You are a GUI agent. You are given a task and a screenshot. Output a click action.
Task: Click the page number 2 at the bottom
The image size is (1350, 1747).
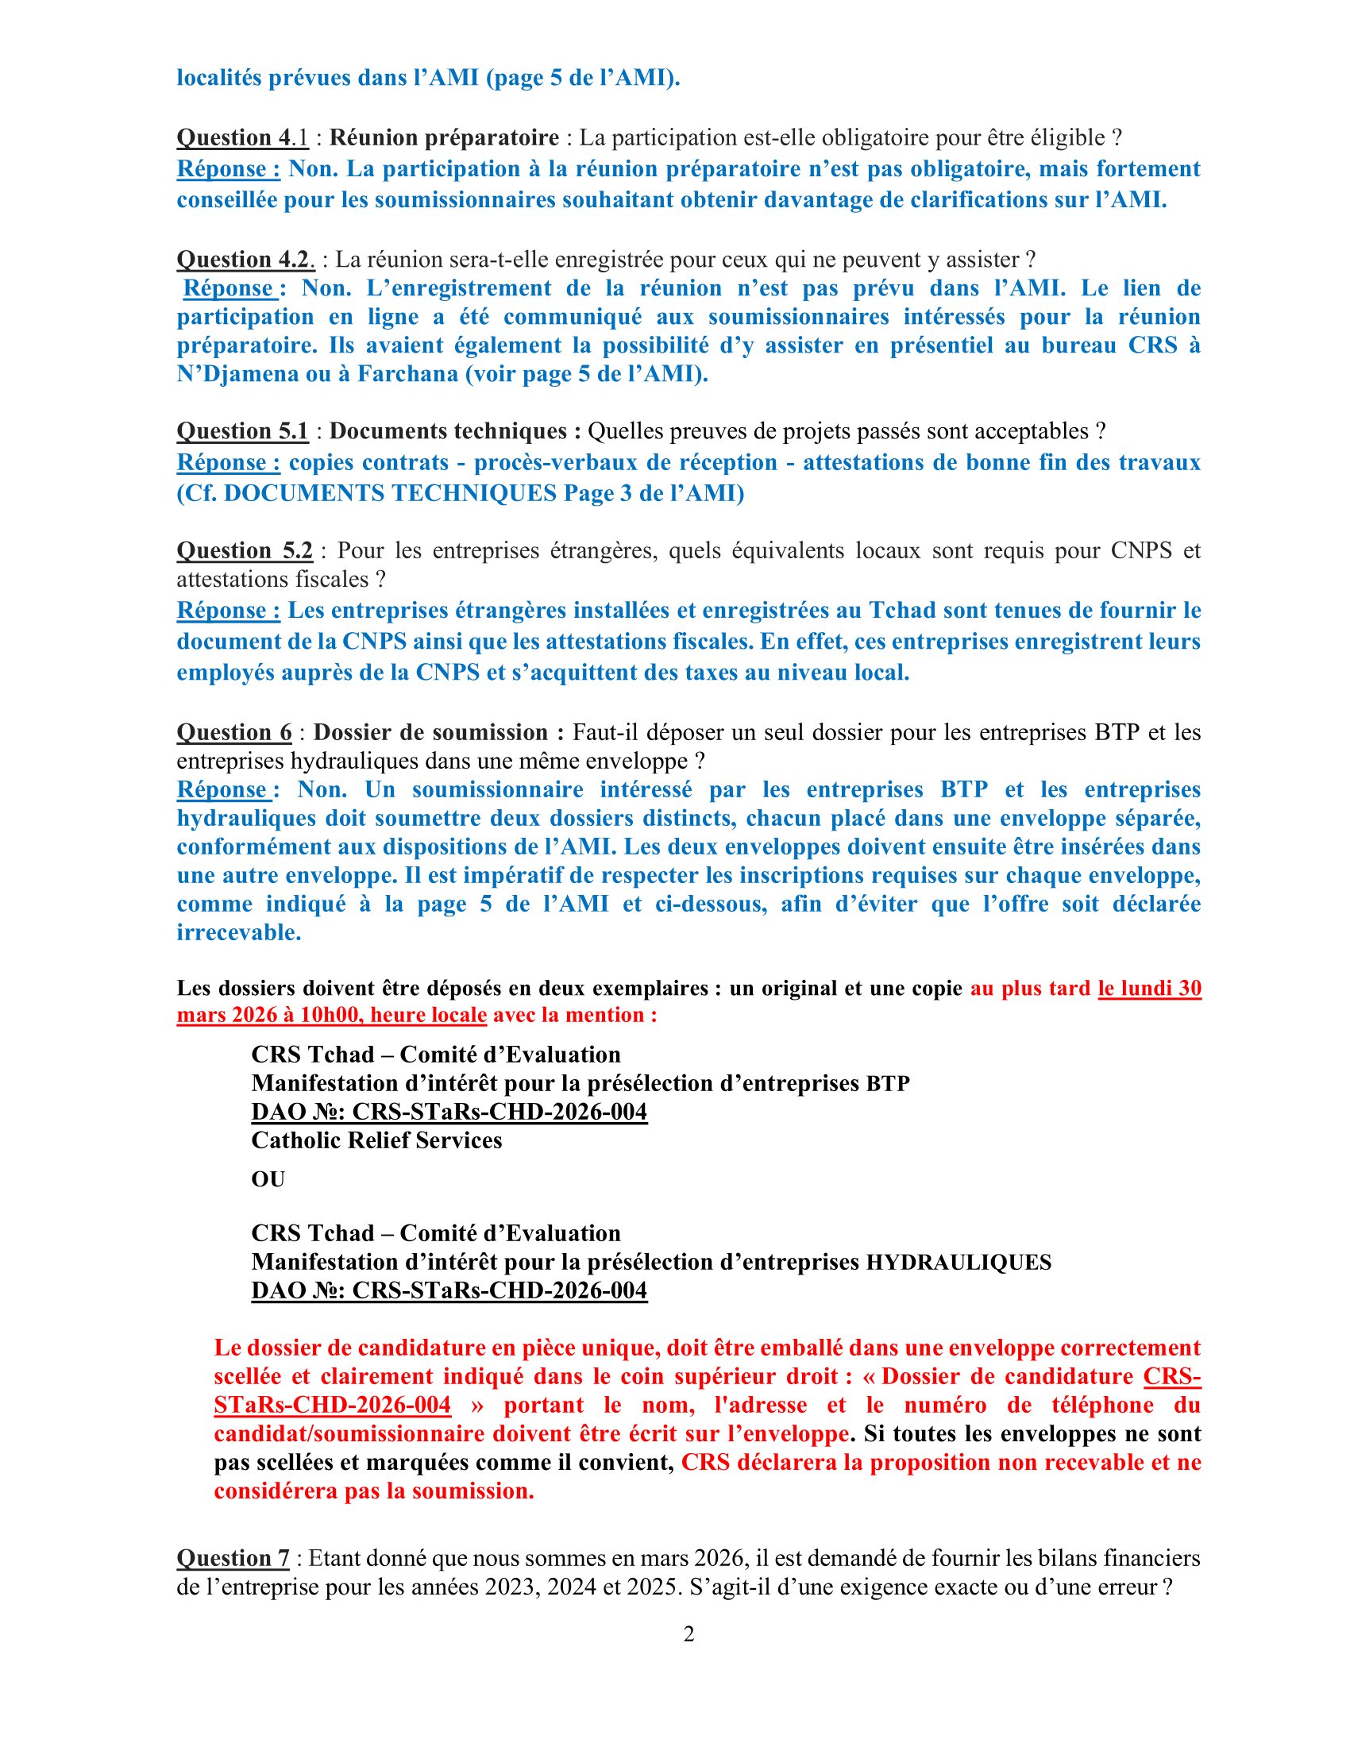(688, 1634)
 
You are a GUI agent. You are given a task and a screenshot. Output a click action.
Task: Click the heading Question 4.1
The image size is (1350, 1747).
(241, 137)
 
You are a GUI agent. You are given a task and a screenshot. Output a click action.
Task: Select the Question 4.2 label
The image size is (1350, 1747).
(245, 259)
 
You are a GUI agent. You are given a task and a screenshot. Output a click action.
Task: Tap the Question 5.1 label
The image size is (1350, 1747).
(241, 431)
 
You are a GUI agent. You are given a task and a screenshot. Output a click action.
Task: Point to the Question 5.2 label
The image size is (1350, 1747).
(244, 550)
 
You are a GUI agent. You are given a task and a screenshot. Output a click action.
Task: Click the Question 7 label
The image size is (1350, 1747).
(233, 1558)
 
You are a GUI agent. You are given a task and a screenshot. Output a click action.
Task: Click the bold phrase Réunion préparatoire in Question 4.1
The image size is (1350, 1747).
(444, 137)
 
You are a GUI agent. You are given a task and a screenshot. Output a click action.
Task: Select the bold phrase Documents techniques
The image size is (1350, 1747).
(454, 431)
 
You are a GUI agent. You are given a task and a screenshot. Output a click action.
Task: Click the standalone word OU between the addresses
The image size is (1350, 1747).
(268, 1179)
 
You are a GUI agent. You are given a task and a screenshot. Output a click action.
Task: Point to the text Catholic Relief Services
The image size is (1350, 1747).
(376, 1140)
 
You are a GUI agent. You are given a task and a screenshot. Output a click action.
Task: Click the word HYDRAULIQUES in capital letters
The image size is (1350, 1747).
(959, 1263)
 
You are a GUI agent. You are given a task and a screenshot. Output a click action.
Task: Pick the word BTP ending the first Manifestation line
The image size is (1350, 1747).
(888, 1084)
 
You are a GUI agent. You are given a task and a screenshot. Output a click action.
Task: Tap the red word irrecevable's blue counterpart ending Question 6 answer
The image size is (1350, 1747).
(239, 933)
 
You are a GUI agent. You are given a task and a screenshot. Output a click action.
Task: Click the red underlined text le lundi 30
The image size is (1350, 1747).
(1149, 988)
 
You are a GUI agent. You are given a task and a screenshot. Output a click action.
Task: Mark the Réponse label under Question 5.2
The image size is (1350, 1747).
(228, 611)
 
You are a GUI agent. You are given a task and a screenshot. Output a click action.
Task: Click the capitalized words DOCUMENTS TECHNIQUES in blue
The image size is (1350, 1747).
(389, 494)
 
